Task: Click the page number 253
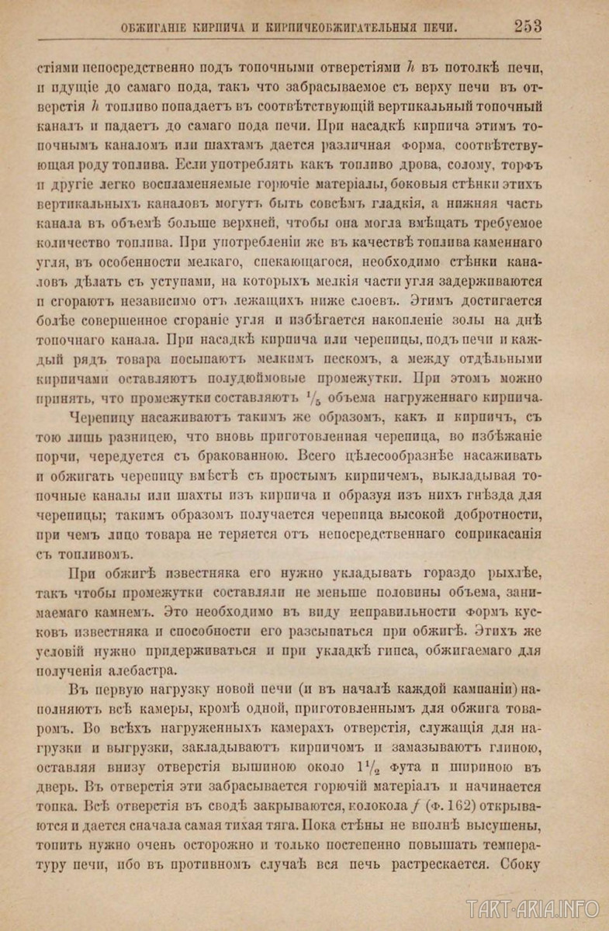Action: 528,26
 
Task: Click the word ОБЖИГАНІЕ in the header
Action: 158,28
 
